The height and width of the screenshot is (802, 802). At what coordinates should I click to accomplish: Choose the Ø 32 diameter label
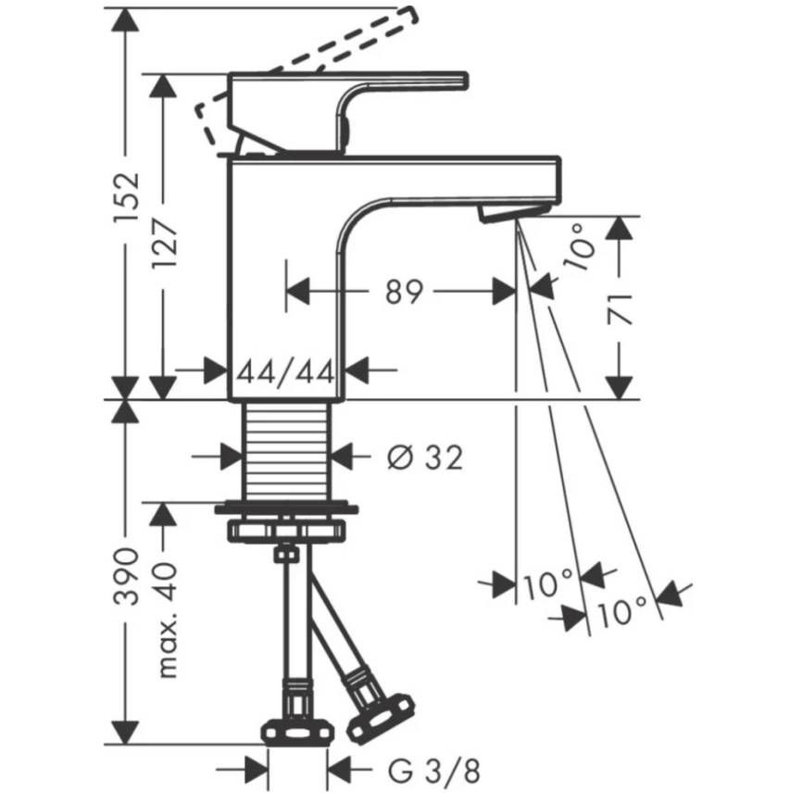(x=425, y=457)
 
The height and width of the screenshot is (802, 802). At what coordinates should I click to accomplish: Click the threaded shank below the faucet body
(x=286, y=451)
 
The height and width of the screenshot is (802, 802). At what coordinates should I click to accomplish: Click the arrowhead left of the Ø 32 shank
(x=229, y=457)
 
